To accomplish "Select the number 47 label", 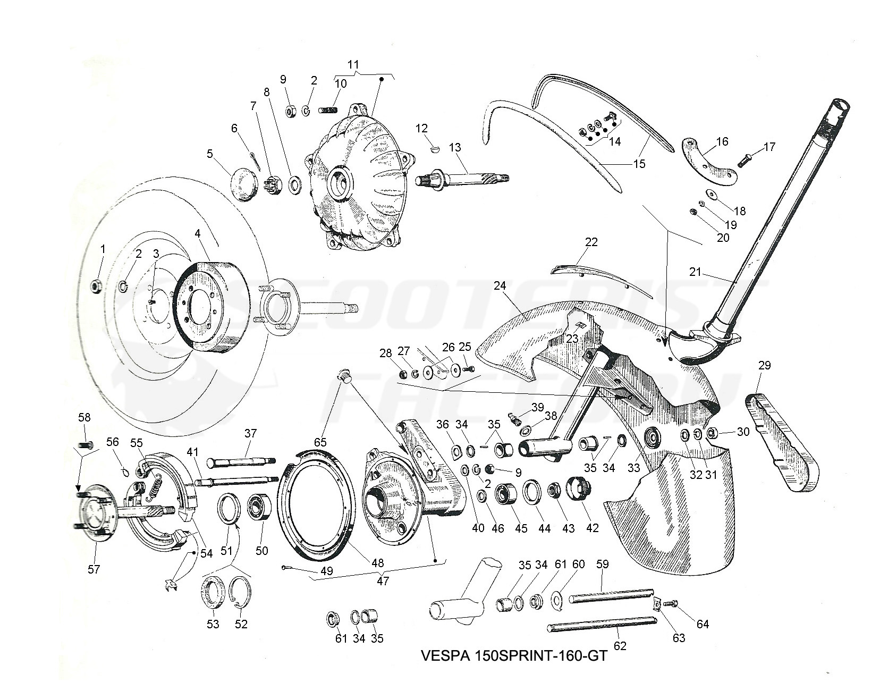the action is click(383, 581).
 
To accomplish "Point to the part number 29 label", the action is click(764, 366).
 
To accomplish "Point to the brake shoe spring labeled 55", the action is click(155, 480).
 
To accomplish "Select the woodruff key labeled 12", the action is click(434, 150).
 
